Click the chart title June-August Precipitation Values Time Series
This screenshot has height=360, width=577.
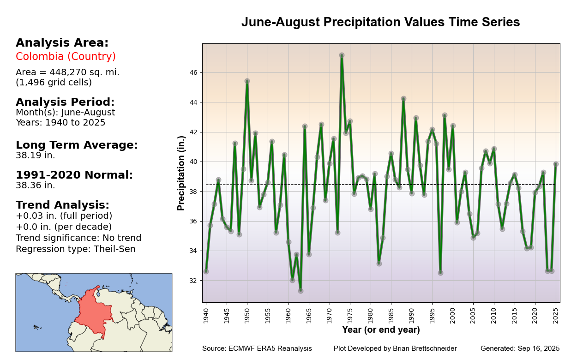380,22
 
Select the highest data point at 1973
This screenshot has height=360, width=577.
342,55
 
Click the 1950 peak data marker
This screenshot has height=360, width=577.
247,81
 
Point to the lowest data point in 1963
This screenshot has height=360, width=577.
301,290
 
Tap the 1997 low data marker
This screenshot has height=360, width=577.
440,273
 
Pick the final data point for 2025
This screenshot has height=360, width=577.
556,164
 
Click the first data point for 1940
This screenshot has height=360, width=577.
206,271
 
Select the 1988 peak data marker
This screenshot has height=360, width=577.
403,98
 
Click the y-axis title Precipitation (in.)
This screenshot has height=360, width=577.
181,173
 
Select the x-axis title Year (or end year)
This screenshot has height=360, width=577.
381,330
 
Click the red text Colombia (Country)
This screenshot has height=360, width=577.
66,57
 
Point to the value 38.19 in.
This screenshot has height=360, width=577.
36,156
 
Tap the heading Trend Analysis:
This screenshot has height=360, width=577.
62,205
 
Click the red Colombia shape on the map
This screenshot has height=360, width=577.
92,312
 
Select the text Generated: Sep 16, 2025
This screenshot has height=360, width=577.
520,348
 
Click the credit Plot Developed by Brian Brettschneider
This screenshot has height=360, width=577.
395,348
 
